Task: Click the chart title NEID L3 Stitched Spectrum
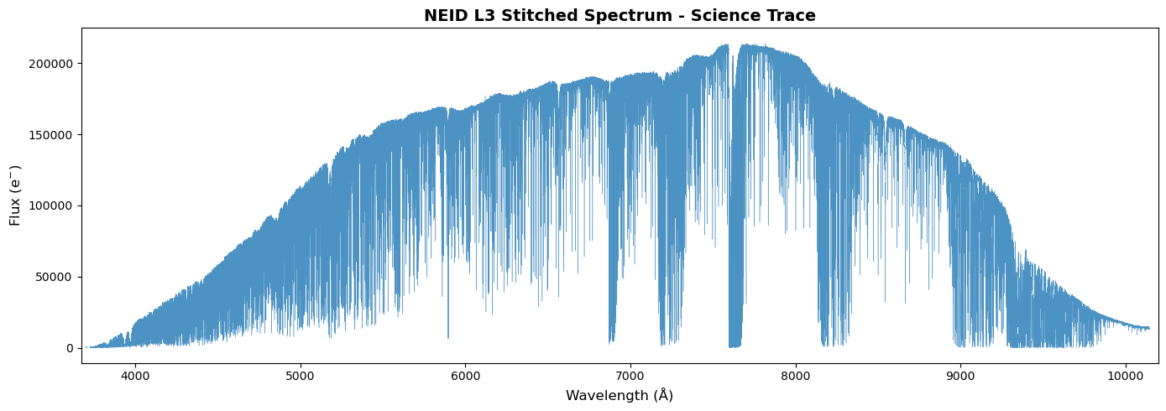tap(548, 16)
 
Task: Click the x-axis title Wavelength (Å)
tap(620, 395)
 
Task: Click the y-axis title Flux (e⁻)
tap(15, 195)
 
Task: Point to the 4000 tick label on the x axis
tap(135, 375)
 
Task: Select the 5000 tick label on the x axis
tap(301, 375)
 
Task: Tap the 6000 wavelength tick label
tap(465, 375)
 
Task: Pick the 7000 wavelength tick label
tap(630, 375)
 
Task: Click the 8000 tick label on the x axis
tap(795, 375)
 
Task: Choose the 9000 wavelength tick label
tap(960, 375)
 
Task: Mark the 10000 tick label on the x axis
tap(1126, 375)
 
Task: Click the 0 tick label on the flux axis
tap(71, 349)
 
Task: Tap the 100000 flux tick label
tap(51, 206)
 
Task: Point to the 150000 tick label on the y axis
tap(51, 135)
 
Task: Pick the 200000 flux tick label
tap(51, 64)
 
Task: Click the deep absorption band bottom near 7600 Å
tap(735, 346)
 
